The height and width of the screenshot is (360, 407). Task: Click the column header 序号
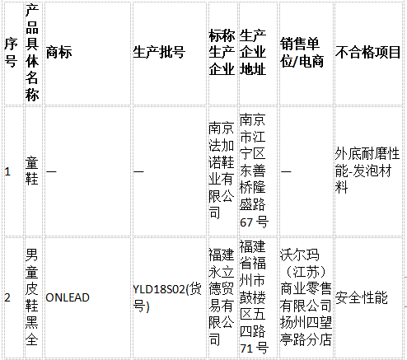(x=11, y=53)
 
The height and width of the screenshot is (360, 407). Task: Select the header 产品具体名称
(x=32, y=53)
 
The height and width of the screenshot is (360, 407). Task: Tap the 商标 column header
(x=58, y=53)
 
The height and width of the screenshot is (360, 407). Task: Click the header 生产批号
(x=159, y=53)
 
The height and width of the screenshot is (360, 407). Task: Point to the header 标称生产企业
(x=222, y=53)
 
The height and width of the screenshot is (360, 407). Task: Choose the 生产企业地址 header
(x=253, y=53)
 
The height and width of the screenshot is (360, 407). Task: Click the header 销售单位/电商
(x=302, y=53)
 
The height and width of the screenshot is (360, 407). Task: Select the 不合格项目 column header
(x=367, y=53)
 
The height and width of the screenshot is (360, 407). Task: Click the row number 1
(x=7, y=171)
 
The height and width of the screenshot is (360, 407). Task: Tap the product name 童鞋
(x=32, y=171)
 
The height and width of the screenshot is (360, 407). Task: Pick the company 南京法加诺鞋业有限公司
(x=222, y=171)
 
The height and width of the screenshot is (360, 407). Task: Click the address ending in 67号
(x=253, y=171)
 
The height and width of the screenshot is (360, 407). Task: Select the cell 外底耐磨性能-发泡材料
(x=367, y=171)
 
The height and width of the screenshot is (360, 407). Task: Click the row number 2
(x=7, y=297)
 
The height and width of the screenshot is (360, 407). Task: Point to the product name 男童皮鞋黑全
(x=32, y=297)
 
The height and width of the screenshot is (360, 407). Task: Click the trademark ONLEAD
(x=68, y=297)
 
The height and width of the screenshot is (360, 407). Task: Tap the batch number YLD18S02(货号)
(x=167, y=297)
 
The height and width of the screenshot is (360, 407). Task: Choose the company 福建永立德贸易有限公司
(x=222, y=297)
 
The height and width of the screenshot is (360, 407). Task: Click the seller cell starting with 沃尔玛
(x=306, y=297)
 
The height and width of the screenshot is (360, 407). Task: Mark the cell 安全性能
(x=362, y=297)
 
